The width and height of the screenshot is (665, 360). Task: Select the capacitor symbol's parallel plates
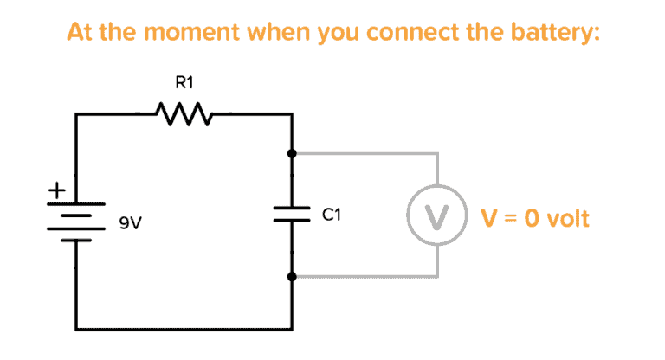point(294,215)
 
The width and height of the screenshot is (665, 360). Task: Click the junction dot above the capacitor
point(294,153)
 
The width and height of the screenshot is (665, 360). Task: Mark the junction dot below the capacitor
point(294,277)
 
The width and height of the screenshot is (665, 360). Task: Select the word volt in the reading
point(567,217)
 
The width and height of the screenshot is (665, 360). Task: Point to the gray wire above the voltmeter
point(364,154)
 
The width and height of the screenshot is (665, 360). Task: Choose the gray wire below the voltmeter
point(364,278)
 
